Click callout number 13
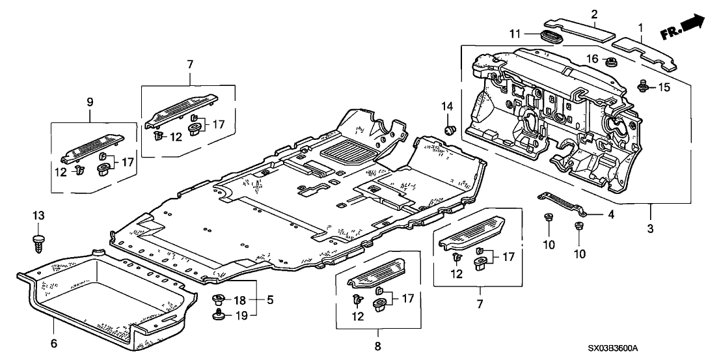[x=38, y=215]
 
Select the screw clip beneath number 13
[x=38, y=243]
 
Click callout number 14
[x=446, y=106]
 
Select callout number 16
[x=592, y=59]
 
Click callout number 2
[x=593, y=13]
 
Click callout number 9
[x=90, y=102]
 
